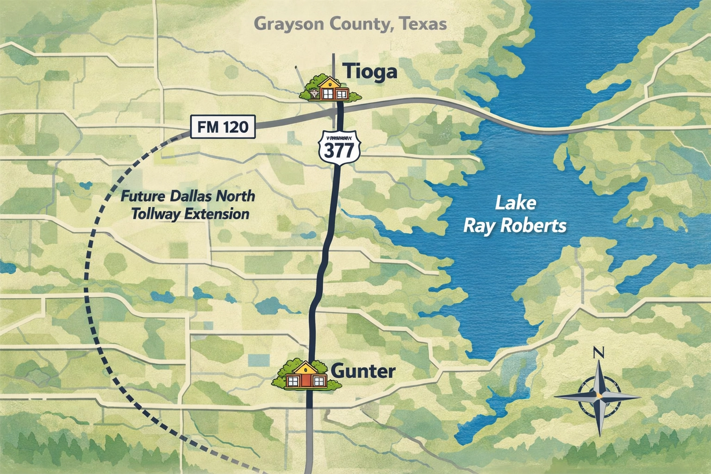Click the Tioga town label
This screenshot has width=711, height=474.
(x=370, y=72)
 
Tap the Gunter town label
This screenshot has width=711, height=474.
(x=364, y=371)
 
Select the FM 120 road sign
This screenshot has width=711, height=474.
(x=223, y=126)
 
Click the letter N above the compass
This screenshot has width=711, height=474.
(x=599, y=353)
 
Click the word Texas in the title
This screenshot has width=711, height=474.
(x=424, y=24)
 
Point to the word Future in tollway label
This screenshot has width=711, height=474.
(x=143, y=196)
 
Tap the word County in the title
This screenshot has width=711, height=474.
(x=360, y=24)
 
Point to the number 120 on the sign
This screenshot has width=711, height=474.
(x=235, y=126)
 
